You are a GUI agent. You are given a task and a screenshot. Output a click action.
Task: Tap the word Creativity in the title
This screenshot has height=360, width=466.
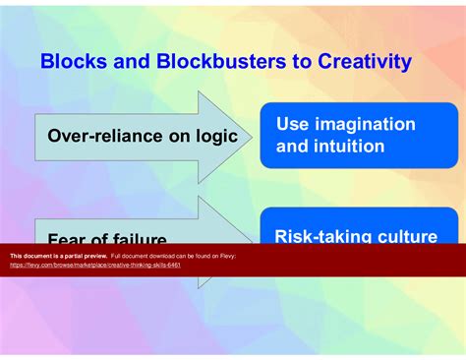pyautogui.click(x=361, y=62)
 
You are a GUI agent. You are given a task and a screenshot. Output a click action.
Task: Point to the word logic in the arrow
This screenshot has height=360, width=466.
pyautogui.click(x=215, y=137)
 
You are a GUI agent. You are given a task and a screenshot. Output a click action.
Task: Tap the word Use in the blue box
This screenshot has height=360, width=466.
pyautogui.click(x=292, y=125)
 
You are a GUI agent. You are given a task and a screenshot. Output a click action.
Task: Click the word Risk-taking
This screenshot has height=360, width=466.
pyautogui.click(x=320, y=235)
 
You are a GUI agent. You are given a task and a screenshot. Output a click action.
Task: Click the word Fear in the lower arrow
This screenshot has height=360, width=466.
pyautogui.click(x=68, y=238)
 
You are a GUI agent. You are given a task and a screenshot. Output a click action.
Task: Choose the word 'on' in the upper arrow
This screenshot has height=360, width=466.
pyautogui.click(x=177, y=137)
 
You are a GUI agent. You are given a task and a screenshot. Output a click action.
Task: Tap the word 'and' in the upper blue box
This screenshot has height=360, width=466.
pyautogui.click(x=291, y=148)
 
